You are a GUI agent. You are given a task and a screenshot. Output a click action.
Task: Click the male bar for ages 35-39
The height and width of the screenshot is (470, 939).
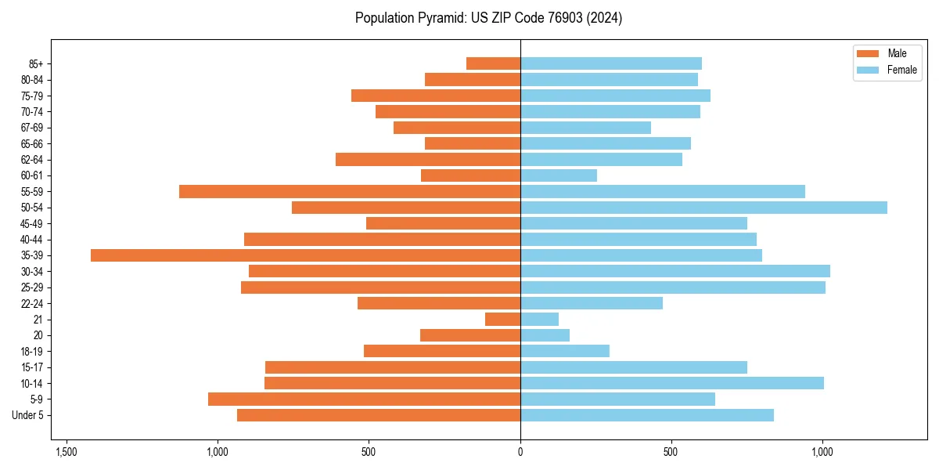click(305, 255)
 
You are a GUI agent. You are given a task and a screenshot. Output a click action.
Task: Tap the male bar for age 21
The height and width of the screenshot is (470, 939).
click(502, 319)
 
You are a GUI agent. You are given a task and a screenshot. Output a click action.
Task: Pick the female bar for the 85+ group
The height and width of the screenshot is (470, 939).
click(610, 63)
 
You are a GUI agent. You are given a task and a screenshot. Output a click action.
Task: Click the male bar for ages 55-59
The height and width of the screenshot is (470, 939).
click(350, 191)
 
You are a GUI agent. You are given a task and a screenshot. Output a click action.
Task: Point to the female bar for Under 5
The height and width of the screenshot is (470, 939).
click(646, 415)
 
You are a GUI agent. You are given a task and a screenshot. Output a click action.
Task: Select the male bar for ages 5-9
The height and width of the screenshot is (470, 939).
click(364, 399)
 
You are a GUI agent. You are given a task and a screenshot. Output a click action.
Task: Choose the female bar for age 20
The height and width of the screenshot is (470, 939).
click(545, 335)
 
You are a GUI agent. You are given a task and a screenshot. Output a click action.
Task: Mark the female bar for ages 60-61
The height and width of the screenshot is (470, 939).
click(558, 175)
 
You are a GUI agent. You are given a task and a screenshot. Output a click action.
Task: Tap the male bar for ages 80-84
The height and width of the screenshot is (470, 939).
click(473, 79)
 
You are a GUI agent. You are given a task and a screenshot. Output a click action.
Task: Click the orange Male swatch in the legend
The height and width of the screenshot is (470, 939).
click(868, 54)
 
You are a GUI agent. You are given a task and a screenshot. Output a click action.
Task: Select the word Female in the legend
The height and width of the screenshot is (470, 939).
click(901, 70)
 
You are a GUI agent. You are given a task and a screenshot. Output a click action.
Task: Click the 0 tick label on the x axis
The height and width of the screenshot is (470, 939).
click(520, 453)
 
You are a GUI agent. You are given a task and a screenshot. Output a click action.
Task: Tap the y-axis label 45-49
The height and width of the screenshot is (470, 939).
click(32, 224)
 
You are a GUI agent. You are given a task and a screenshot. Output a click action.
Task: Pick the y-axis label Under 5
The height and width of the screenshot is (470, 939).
click(28, 415)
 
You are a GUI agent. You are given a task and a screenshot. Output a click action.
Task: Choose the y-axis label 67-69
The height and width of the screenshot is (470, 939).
click(32, 128)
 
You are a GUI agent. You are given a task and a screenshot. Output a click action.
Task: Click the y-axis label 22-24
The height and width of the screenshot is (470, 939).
click(32, 304)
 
